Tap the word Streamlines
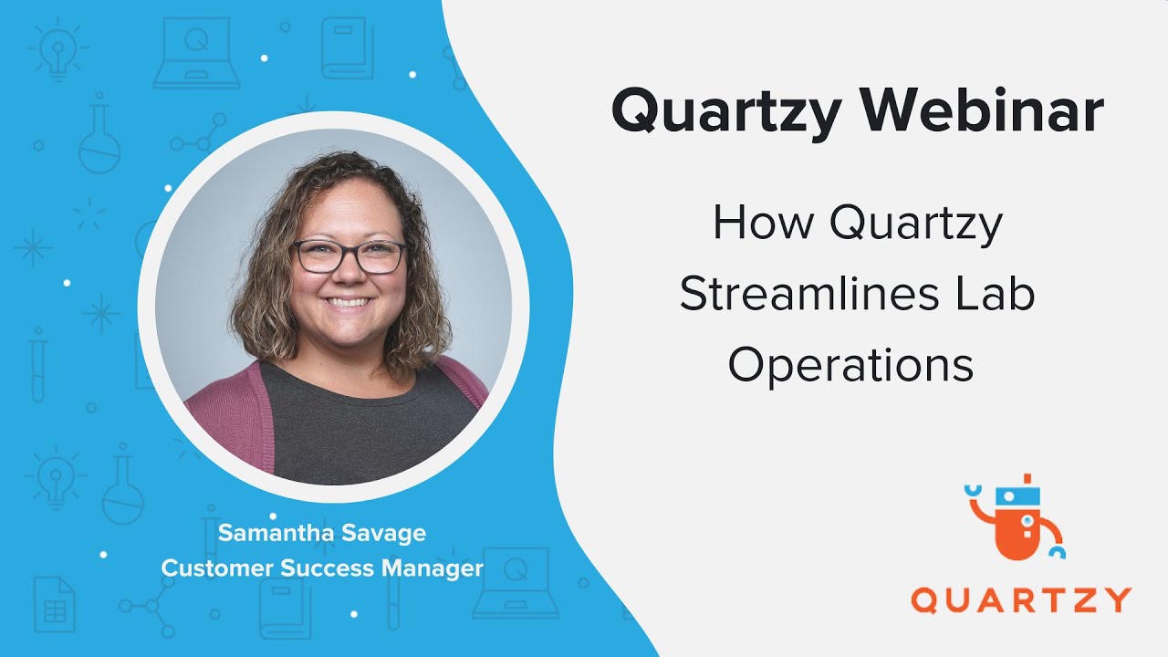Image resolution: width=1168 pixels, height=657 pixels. point(798,295)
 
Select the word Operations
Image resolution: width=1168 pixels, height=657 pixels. point(850,365)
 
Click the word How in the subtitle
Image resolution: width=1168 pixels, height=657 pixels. point(763,224)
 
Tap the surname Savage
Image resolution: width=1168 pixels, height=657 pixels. point(385,533)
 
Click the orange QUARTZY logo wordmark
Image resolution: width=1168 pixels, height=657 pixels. point(1020,600)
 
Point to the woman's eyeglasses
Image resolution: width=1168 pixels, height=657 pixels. point(349,255)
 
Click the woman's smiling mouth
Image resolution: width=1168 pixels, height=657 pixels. point(349,300)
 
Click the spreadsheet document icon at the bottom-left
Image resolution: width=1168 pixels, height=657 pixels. point(54,604)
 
